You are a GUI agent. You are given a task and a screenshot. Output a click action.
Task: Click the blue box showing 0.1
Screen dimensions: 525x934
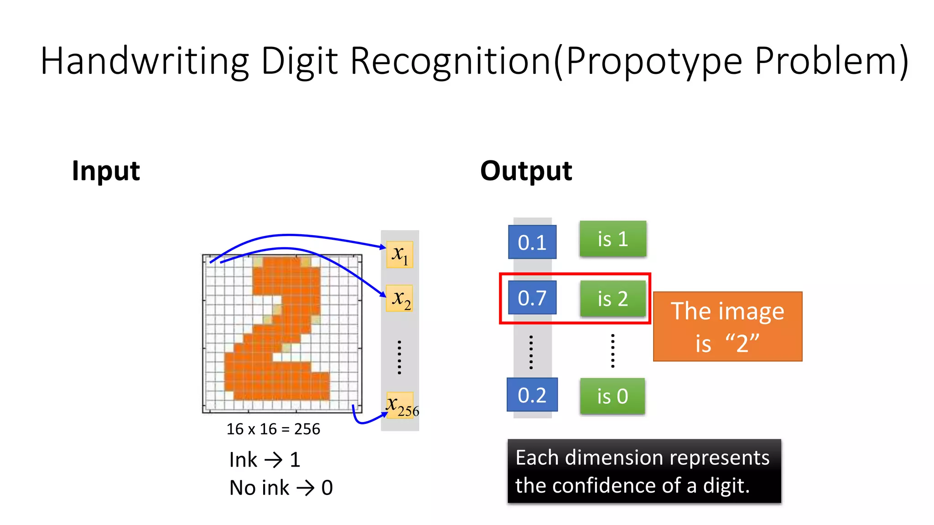click(532, 242)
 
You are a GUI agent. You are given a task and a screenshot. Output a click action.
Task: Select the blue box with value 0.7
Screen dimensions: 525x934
click(532, 298)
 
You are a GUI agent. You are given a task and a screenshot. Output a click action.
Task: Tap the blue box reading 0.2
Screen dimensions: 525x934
click(532, 395)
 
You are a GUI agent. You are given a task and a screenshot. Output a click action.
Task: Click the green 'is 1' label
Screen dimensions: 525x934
click(612, 239)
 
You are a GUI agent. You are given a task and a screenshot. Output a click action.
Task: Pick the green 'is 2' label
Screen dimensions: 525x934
click(612, 299)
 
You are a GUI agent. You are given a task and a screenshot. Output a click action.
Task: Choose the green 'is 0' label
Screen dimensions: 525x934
click(612, 396)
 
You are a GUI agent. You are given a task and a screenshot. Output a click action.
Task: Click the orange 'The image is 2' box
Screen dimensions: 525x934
click(727, 326)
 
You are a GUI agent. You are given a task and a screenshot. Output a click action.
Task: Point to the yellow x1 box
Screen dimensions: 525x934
click(400, 254)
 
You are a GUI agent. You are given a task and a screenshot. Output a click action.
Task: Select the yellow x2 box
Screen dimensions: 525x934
click(400, 298)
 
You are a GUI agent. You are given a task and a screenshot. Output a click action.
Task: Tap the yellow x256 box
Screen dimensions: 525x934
click(400, 405)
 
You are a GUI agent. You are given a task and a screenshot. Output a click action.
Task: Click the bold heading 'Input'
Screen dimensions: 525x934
click(106, 171)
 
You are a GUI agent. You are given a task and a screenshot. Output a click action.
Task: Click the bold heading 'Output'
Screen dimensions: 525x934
click(526, 171)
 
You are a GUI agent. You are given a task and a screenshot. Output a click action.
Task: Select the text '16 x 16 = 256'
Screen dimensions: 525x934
click(273, 429)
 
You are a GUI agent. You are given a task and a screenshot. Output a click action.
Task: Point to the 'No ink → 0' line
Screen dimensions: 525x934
click(281, 488)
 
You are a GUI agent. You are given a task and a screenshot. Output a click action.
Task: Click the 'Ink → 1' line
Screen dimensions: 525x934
click(265, 459)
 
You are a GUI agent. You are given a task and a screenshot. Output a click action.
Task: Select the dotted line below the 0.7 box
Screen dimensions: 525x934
click(531, 352)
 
